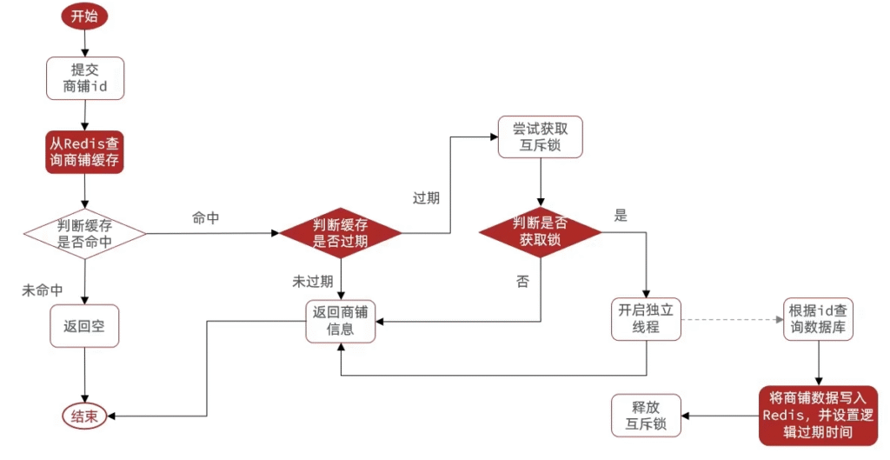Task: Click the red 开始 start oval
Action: click(x=84, y=16)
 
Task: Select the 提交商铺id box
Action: click(x=84, y=78)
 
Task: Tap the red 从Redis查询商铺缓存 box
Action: click(x=84, y=151)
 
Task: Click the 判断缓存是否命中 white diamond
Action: click(x=84, y=233)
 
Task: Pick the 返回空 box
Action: click(x=84, y=327)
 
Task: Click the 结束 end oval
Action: click(x=84, y=416)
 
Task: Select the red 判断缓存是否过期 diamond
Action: click(x=340, y=233)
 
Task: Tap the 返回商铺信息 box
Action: click(x=340, y=321)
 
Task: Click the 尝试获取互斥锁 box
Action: click(x=541, y=137)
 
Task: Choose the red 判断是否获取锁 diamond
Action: click(x=541, y=230)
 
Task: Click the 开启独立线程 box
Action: click(x=646, y=319)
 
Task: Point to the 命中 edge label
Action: click(x=205, y=218)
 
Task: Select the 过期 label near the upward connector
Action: click(x=426, y=198)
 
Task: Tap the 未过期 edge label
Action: click(x=312, y=281)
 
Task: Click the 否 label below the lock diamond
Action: click(x=522, y=281)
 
